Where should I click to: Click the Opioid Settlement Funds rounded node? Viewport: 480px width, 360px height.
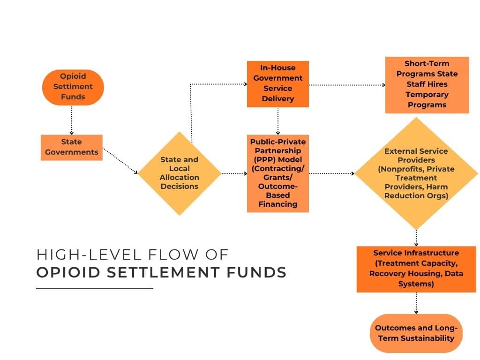click(73, 87)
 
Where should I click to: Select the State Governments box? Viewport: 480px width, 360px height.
click(71, 147)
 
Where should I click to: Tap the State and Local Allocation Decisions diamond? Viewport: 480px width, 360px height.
click(179, 173)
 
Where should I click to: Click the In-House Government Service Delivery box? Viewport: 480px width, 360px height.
click(278, 84)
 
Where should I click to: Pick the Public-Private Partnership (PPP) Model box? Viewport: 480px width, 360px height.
click(278, 173)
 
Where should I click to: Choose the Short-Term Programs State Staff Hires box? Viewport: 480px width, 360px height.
click(427, 85)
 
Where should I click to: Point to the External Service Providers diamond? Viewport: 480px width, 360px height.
click(416, 173)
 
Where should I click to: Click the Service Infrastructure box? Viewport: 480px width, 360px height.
click(416, 269)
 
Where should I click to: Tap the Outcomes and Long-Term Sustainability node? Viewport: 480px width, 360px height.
click(416, 333)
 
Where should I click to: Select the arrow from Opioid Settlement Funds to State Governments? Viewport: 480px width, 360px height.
click(72, 120)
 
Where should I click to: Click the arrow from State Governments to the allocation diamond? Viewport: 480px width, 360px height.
click(120, 161)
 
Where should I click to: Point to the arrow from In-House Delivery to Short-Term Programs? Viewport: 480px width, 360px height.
click(347, 85)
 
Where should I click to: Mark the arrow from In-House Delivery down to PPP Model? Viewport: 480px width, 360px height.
click(278, 121)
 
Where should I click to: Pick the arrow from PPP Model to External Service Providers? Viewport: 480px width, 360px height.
click(331, 173)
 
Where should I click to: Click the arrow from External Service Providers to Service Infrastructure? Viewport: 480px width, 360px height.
click(416, 237)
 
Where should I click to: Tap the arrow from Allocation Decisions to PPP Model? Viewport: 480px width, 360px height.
click(233, 173)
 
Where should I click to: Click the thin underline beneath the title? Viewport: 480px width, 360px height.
click(95, 288)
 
